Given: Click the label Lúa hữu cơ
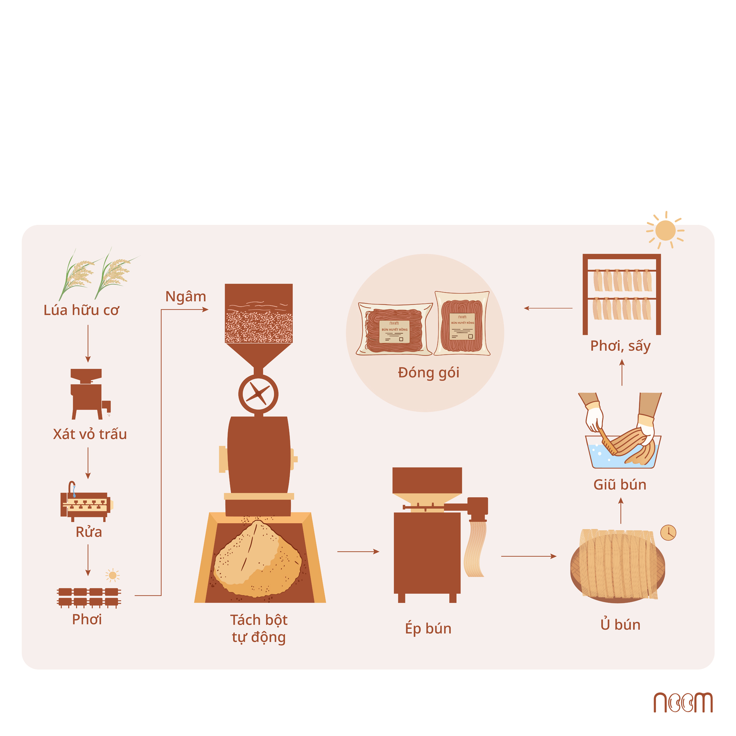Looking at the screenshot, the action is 81,311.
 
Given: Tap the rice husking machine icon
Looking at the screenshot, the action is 89,394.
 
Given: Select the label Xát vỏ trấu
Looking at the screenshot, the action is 90,434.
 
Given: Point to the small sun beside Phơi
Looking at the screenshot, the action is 112,575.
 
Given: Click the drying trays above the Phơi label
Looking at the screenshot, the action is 89,597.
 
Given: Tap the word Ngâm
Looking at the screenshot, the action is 185,297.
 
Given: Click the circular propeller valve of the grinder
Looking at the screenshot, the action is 258,394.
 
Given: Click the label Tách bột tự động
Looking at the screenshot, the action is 259,629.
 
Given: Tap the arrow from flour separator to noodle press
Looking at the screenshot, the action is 358,551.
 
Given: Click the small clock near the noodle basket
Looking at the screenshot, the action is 668,532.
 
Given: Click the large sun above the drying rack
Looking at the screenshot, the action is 665,230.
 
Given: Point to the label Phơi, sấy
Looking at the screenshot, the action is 620,346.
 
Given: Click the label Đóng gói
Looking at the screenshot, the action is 429,373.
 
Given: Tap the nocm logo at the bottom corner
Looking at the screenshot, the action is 683,702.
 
